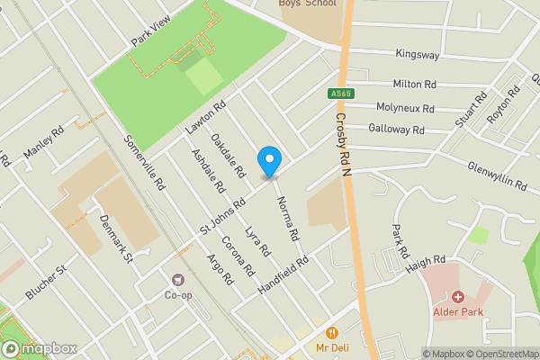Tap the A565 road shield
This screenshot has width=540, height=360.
point(340,94)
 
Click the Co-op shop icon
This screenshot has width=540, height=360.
point(178,279)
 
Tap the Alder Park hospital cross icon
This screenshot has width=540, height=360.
point(457,297)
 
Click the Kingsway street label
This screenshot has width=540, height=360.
point(418,55)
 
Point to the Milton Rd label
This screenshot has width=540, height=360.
point(415,85)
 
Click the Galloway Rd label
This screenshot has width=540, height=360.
point(396,130)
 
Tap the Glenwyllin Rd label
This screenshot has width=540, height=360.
point(498,174)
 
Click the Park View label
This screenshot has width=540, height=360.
point(149,34)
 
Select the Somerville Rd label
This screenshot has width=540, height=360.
point(145,162)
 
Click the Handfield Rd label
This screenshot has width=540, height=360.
point(283,271)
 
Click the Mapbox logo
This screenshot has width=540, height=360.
point(39,348)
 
